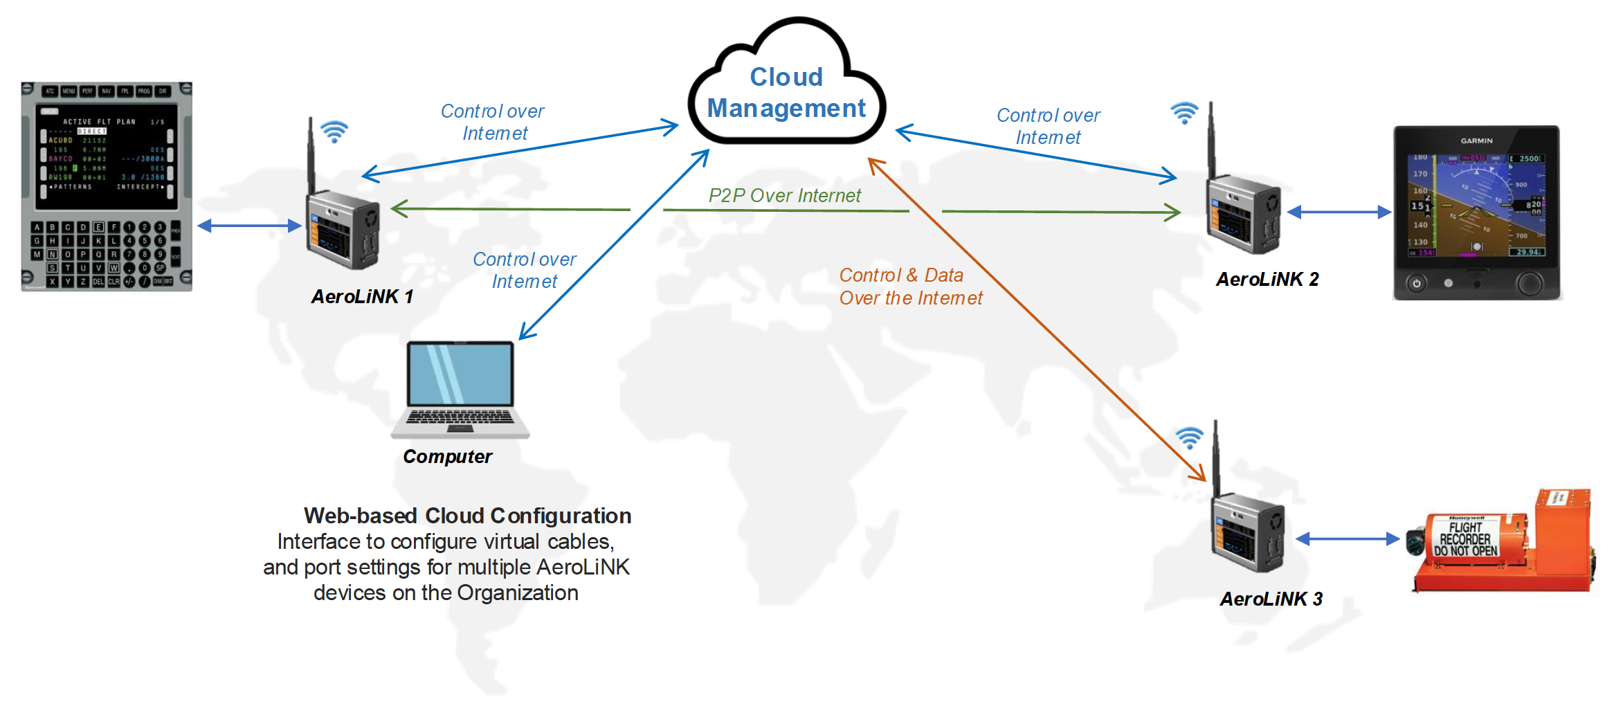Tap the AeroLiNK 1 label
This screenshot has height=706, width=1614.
(x=362, y=297)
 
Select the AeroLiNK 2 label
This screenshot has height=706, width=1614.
(x=1267, y=280)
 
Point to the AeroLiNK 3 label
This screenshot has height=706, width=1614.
(x=1271, y=599)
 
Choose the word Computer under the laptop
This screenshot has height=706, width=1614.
(x=447, y=457)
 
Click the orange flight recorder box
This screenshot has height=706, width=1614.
(x=1502, y=543)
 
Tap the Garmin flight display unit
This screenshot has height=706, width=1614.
(x=1477, y=212)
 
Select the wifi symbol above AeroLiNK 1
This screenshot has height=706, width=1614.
(x=334, y=132)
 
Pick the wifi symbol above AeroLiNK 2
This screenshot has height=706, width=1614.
(x=1184, y=113)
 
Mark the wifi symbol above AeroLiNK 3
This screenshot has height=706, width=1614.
(x=1190, y=437)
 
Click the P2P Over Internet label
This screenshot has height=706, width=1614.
(x=784, y=196)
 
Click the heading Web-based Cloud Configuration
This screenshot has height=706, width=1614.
(x=467, y=516)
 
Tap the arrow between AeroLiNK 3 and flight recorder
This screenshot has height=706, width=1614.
(x=1347, y=539)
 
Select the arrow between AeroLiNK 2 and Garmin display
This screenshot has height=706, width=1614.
(x=1339, y=212)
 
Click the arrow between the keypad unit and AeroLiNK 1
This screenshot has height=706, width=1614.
(x=249, y=226)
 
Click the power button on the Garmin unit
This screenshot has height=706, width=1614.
(x=1416, y=283)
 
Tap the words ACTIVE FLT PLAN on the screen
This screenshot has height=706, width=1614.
(x=99, y=122)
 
